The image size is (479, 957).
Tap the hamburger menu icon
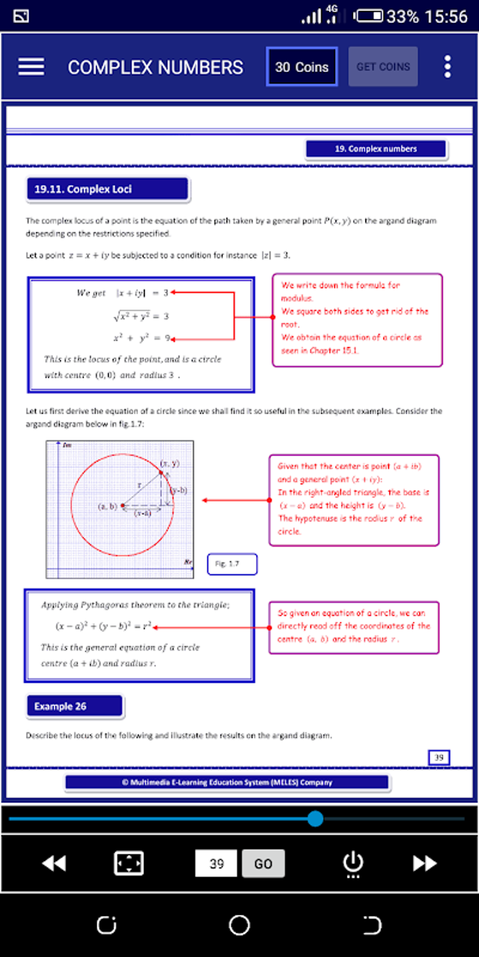click(x=31, y=67)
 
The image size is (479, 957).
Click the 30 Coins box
click(x=301, y=67)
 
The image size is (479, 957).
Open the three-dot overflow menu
click(x=447, y=67)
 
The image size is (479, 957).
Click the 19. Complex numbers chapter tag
click(x=376, y=149)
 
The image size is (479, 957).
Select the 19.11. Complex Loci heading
click(x=108, y=189)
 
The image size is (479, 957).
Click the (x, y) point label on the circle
click(x=170, y=463)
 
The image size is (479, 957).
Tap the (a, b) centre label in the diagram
click(x=107, y=506)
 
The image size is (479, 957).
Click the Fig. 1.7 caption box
click(x=232, y=563)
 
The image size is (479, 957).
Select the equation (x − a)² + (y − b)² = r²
click(x=103, y=626)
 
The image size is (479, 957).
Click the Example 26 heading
click(x=74, y=706)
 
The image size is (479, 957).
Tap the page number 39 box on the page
click(x=439, y=757)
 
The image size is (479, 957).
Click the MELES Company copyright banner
click(x=227, y=782)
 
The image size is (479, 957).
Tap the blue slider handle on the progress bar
click(x=315, y=819)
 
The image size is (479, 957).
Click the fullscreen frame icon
click(x=129, y=863)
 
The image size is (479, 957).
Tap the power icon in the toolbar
click(x=353, y=863)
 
